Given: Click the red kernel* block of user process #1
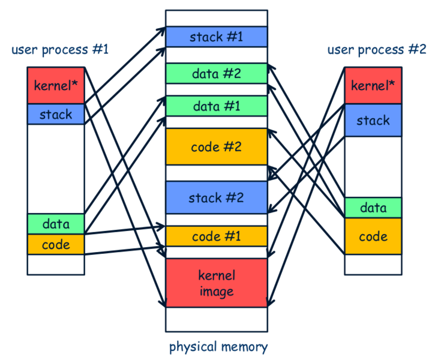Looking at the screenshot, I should pyautogui.click(x=56, y=85).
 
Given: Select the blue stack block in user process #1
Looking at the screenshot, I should pyautogui.click(x=56, y=114).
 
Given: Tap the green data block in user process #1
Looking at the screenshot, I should pyautogui.click(x=56, y=224).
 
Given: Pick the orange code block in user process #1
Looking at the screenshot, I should pyautogui.click(x=56, y=244).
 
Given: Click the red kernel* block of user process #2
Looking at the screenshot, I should pyautogui.click(x=373, y=85).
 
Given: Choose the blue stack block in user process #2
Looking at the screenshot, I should pyautogui.click(x=373, y=120).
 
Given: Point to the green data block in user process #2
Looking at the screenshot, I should pyautogui.click(x=373, y=208).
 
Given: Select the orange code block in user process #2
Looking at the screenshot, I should pyautogui.click(x=373, y=236).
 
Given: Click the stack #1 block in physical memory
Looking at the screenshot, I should pyautogui.click(x=216, y=37).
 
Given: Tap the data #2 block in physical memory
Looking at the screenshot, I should pyautogui.click(x=216, y=74).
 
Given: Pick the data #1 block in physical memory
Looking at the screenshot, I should pyautogui.click(x=216, y=106).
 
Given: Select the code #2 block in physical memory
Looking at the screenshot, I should pyautogui.click(x=216, y=146).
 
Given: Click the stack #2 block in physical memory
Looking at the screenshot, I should pyautogui.click(x=216, y=197).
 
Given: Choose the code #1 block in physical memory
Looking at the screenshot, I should pyautogui.click(x=216, y=236).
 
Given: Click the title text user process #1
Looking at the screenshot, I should pyautogui.click(x=60, y=49).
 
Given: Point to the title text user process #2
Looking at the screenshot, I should pyautogui.click(x=376, y=49).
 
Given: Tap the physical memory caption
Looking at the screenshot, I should pyautogui.click(x=218, y=347).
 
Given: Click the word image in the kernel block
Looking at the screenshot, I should pyautogui.click(x=216, y=292).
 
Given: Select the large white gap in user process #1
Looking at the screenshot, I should pyautogui.click(x=56, y=169).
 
